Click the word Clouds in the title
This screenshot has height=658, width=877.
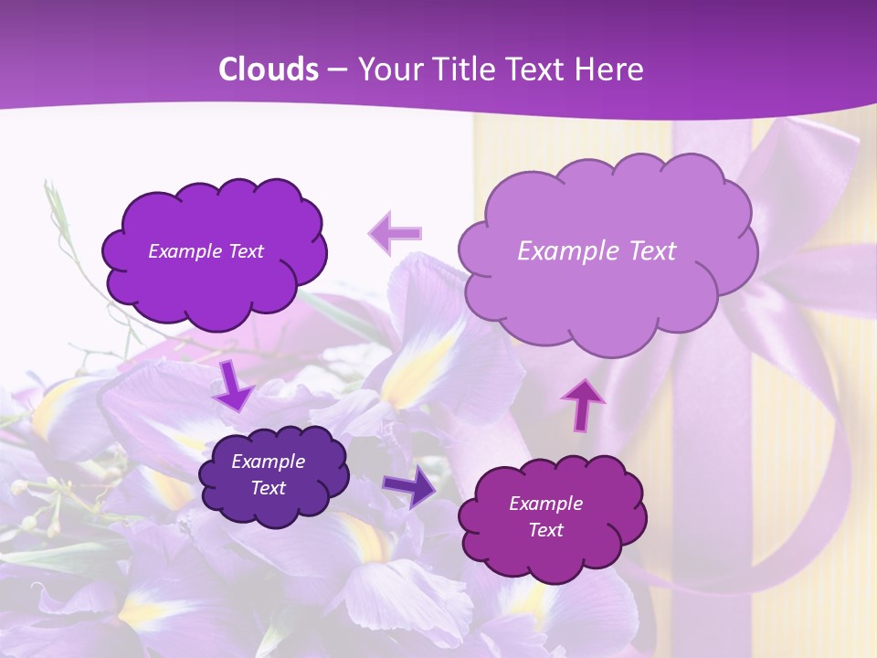tap(269, 69)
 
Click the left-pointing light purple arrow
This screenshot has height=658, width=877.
tap(395, 233)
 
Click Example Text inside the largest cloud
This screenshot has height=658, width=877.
tap(597, 251)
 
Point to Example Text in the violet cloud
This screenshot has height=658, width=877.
tap(206, 251)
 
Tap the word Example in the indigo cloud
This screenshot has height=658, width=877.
tap(268, 462)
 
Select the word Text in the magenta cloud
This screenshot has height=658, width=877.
tap(545, 530)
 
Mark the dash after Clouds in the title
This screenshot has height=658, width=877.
tap(337, 70)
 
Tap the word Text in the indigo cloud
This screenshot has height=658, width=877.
tap(268, 488)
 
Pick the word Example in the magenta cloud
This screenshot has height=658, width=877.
tap(545, 504)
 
